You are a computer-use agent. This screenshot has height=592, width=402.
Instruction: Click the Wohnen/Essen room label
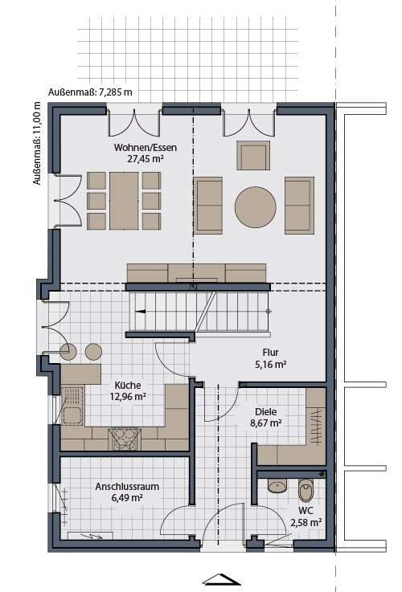(x=145, y=147)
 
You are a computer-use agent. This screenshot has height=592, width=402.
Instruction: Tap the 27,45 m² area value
(x=145, y=159)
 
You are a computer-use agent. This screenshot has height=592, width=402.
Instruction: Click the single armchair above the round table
(x=254, y=155)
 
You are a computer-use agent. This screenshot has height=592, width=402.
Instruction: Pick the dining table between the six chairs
(x=123, y=200)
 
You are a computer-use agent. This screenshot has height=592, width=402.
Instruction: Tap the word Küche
(x=129, y=384)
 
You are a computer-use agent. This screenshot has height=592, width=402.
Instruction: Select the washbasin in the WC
(x=277, y=486)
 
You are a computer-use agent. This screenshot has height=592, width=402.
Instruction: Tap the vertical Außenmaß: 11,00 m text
(x=36, y=145)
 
